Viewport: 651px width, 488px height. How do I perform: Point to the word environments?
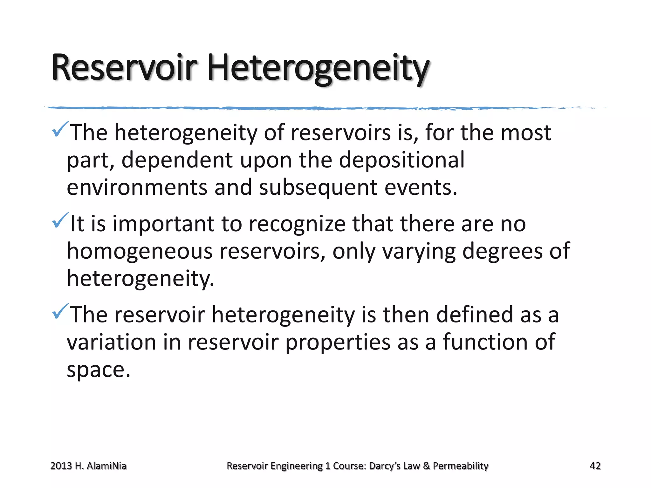pos(137,187)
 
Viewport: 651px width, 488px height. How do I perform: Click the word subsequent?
pos(318,188)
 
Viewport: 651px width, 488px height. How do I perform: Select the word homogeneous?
pos(140,251)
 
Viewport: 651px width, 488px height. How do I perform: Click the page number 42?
pos(595,466)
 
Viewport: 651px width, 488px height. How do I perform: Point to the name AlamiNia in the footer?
pos(106,466)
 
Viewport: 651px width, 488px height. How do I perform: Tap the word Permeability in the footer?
pos(461,466)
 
